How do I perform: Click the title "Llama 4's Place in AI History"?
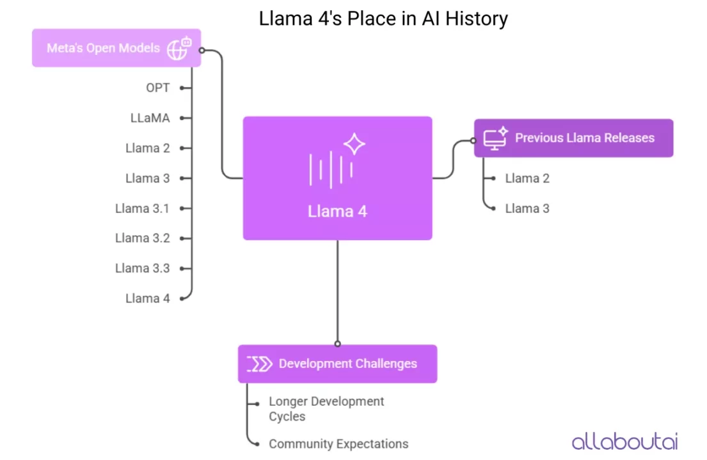coord(383,19)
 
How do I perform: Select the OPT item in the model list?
coord(157,88)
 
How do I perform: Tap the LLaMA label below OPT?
coord(150,118)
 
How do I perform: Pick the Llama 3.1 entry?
coord(142,208)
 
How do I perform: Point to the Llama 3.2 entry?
coord(142,238)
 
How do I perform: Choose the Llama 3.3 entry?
coord(142,268)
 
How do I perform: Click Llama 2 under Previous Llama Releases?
coord(527,178)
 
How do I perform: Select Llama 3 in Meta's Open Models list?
coord(147,178)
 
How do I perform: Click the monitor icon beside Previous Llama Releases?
coord(495,137)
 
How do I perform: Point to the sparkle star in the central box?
coord(354,144)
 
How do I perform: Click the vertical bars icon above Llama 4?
coord(331,169)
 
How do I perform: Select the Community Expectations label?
coord(338,443)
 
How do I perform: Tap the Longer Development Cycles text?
coord(326,409)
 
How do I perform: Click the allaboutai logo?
coord(624,441)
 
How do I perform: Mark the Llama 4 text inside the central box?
coord(337,211)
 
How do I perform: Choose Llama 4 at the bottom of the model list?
coord(147,298)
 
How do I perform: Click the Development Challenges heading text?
coord(347,364)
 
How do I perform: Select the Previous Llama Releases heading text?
coord(585,137)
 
